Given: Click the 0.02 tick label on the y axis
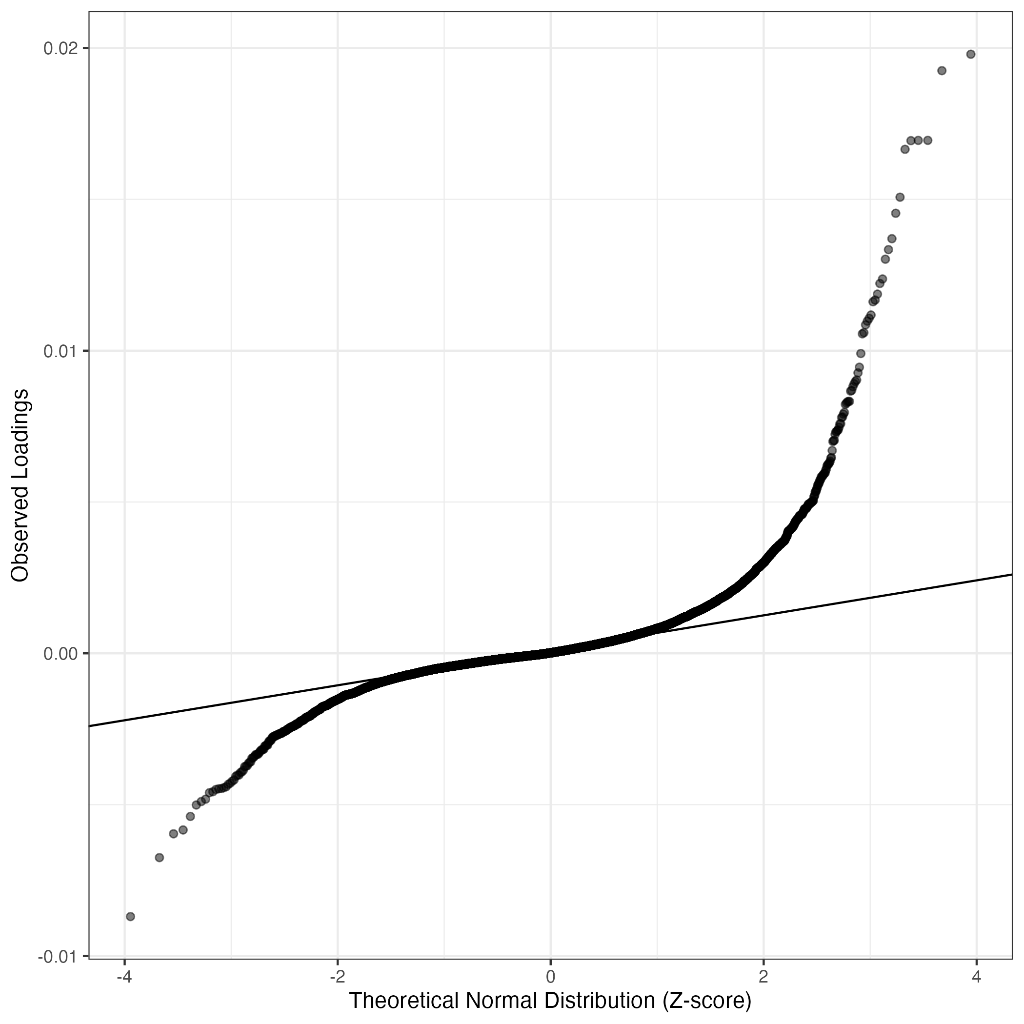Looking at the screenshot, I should [x=60, y=49].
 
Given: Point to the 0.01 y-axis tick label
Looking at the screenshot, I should [x=60, y=351].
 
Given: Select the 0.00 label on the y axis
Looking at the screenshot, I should [x=60, y=654].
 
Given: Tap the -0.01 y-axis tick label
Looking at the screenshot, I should [x=57, y=957].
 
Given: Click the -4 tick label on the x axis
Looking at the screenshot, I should [x=123, y=977].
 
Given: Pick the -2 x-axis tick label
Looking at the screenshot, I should [x=337, y=977].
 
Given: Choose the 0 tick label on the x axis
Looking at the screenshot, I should [x=551, y=977].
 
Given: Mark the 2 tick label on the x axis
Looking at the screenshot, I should [x=764, y=977].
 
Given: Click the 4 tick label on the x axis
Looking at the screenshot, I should [x=977, y=977].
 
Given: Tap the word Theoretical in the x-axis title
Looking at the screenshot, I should [x=403, y=1001].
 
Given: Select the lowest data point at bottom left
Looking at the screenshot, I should [x=130, y=916].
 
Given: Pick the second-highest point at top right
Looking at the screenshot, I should [x=942, y=70].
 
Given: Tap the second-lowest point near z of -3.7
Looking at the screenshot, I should [x=159, y=858].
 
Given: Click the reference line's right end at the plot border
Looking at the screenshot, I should [x=1011, y=574].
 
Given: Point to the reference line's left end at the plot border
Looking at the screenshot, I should [x=90, y=726].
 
